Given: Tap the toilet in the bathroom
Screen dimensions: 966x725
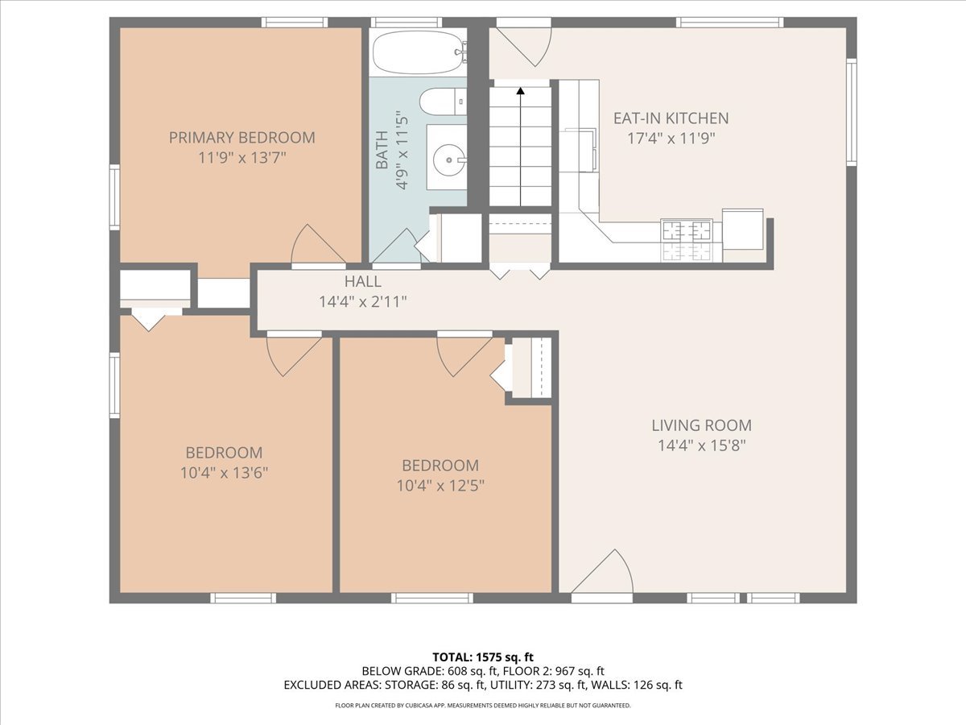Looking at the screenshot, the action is (x=443, y=101).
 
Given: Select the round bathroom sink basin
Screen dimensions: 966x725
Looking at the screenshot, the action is (x=449, y=159).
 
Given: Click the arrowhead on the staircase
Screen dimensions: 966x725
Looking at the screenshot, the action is (x=521, y=91).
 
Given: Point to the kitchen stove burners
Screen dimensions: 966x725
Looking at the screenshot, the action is (x=687, y=241).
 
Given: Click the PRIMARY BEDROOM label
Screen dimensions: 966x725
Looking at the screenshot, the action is (x=242, y=138).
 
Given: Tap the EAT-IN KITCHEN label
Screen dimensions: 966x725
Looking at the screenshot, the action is (x=671, y=118).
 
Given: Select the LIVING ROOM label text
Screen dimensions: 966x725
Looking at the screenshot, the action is (x=701, y=425).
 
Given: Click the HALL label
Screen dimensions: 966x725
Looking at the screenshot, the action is (x=362, y=281).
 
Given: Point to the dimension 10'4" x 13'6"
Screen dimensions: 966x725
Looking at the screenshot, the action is (x=224, y=473).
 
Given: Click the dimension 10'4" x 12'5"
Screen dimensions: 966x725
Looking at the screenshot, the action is (x=440, y=486).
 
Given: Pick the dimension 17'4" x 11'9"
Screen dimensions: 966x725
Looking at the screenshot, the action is (x=671, y=139).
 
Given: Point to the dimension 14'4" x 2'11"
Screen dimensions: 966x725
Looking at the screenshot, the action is (x=362, y=302).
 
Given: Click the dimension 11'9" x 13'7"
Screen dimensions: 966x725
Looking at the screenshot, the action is (x=242, y=158).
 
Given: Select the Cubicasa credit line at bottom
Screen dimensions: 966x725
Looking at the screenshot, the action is (x=483, y=706).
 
